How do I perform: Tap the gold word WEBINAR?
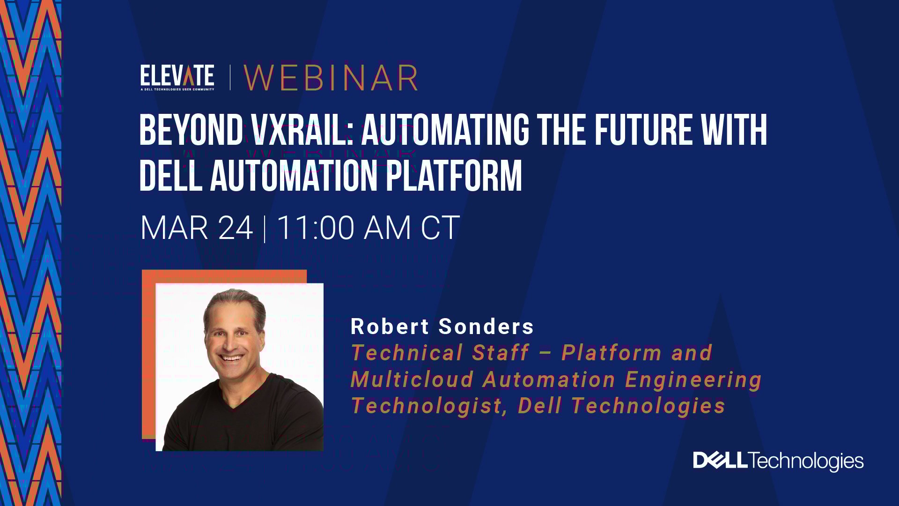tap(331, 78)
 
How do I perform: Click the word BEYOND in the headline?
tap(191, 131)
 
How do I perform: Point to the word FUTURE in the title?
tap(643, 131)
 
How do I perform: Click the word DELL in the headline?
tap(171, 176)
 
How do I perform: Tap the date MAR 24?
tap(197, 228)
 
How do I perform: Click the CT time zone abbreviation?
tap(440, 228)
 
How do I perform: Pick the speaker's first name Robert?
tap(390, 327)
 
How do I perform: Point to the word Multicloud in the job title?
tap(412, 379)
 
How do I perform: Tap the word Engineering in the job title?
tap(693, 379)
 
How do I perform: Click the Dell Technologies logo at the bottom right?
tap(778, 461)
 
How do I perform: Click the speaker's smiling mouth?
tap(233, 358)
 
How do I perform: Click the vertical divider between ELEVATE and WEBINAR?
tap(230, 78)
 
